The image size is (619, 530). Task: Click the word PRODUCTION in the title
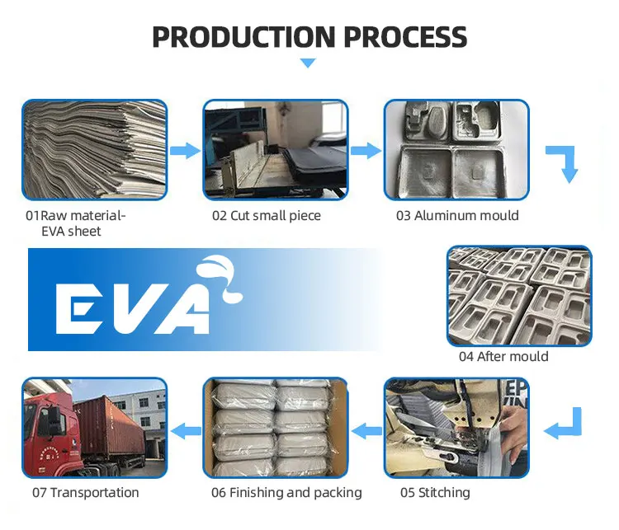click(x=240, y=37)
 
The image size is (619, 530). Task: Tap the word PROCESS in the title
click(x=403, y=37)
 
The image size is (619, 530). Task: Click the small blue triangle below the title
click(x=308, y=63)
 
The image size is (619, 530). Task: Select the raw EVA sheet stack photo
click(x=94, y=150)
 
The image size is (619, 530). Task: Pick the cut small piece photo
click(x=276, y=150)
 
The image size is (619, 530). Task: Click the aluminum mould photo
click(x=456, y=150)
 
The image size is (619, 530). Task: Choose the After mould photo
click(x=519, y=295)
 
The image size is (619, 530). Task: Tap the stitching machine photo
click(x=456, y=428)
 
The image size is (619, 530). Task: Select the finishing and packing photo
click(x=276, y=428)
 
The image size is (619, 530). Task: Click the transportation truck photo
click(x=94, y=428)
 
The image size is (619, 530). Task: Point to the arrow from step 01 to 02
click(x=186, y=150)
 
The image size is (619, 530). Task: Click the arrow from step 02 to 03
click(x=366, y=150)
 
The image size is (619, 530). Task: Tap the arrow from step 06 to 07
click(x=186, y=429)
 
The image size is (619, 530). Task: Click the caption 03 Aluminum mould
click(x=457, y=216)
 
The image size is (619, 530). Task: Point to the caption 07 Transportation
click(x=86, y=493)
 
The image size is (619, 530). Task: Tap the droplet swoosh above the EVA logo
click(x=220, y=276)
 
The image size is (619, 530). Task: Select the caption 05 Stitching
click(x=435, y=493)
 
